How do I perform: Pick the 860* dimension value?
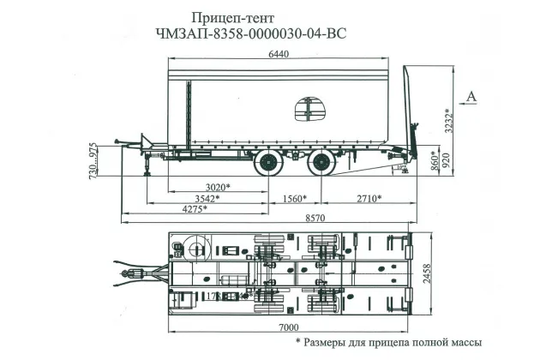[x=434, y=160]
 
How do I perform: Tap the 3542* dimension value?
[x=202, y=198]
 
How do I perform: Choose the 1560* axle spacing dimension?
[x=293, y=198]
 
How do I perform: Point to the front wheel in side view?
[x=272, y=164]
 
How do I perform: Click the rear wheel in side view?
[x=321, y=164]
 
